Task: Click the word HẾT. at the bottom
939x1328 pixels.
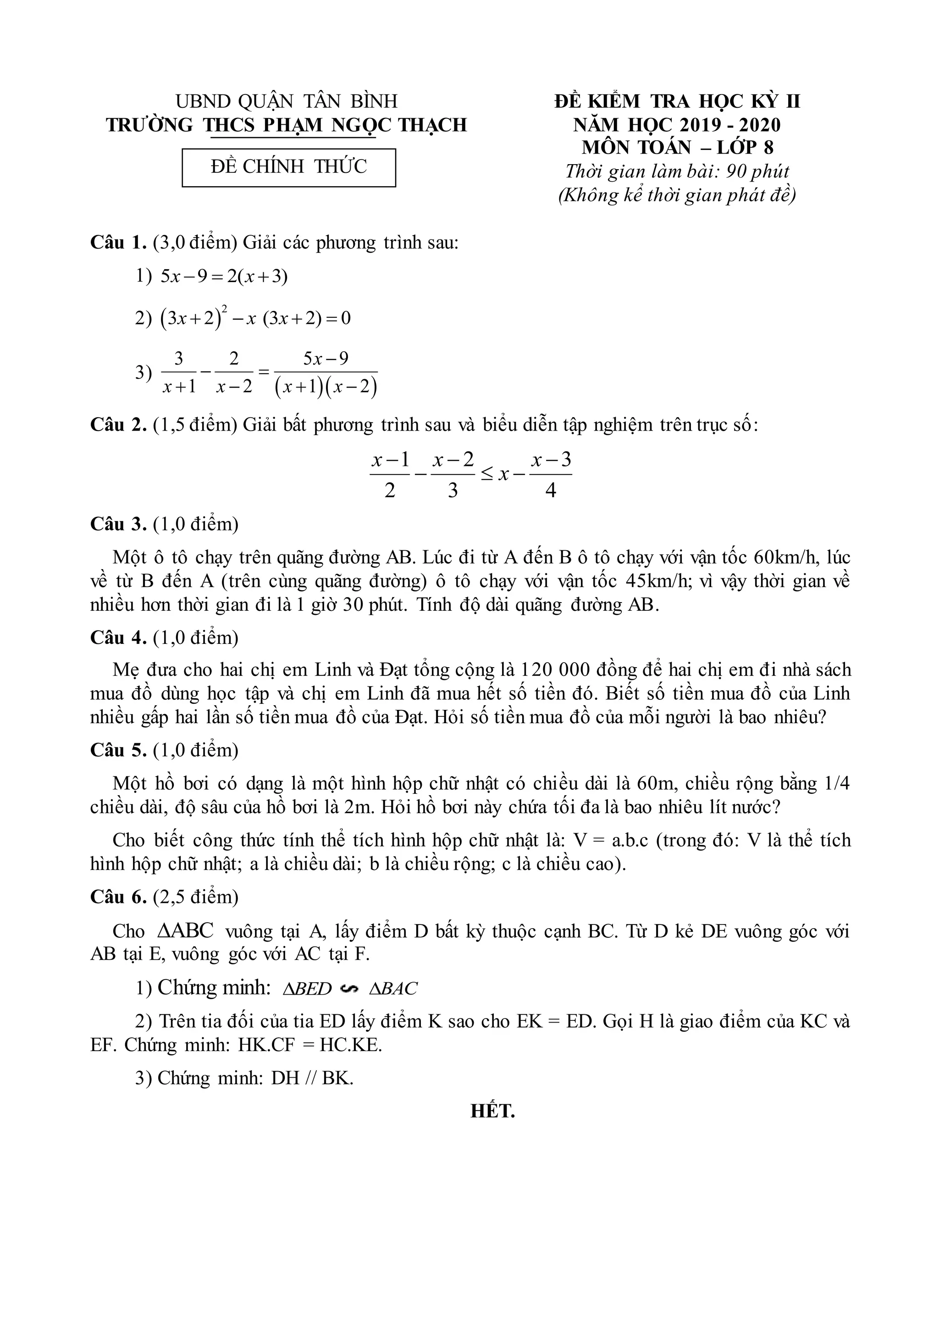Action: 492,1111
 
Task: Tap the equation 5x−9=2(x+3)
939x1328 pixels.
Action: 224,277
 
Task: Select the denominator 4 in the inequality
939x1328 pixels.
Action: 551,491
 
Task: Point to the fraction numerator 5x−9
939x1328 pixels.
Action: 326,359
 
